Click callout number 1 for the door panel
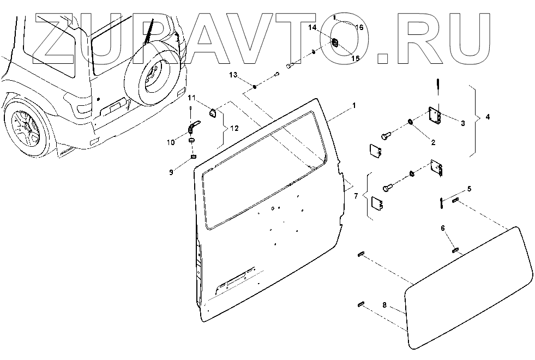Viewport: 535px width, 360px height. [354, 105]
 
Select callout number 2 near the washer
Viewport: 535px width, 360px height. [432, 143]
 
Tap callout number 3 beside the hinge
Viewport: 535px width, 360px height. [462, 124]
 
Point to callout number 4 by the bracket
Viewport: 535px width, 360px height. [488, 117]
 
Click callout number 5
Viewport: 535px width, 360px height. [470, 189]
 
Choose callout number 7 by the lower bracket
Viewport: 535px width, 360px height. [356, 195]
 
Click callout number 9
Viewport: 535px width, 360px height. [171, 172]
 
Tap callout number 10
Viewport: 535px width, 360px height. [171, 142]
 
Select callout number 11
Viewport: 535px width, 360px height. [191, 98]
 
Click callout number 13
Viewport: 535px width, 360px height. [233, 74]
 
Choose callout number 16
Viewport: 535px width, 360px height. [359, 27]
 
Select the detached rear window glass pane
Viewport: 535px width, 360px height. [469, 288]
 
